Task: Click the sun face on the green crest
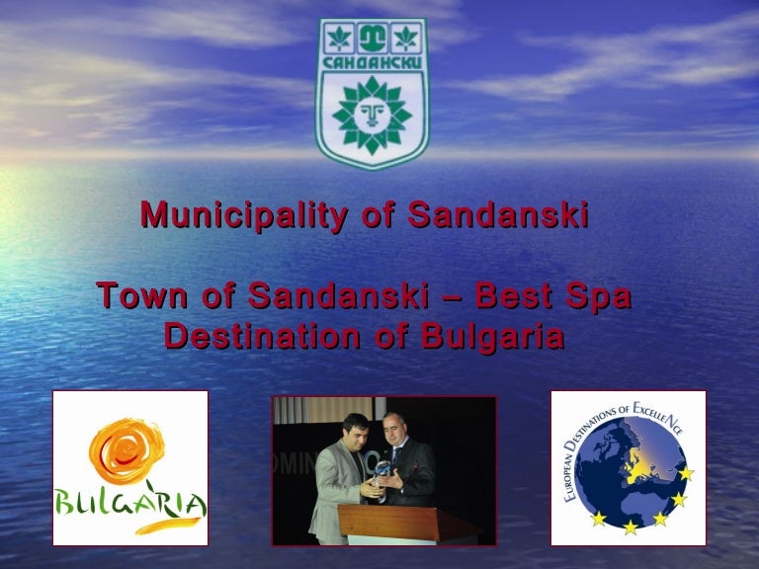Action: tap(372, 117)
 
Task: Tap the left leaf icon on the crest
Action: tap(338, 41)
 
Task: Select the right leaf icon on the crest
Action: tap(405, 41)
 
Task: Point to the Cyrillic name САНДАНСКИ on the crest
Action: tap(372, 63)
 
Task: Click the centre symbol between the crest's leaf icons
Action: tap(372, 41)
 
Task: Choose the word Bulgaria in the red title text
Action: tap(492, 337)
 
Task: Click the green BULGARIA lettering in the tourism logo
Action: tap(130, 507)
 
